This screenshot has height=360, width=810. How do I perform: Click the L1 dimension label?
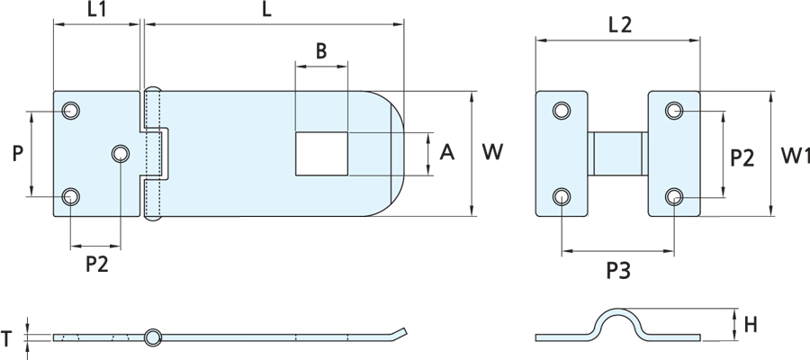point(96,10)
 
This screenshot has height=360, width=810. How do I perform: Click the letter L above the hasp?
point(266,10)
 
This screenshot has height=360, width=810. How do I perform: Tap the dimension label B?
point(321,51)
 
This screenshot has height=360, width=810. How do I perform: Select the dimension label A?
point(446,153)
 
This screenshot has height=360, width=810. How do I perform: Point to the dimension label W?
point(492,152)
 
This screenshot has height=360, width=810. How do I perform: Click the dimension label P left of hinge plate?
point(18,153)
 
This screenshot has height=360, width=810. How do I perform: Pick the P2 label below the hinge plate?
point(97,265)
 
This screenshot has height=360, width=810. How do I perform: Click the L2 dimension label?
point(620,25)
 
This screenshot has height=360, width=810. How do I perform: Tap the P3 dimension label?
point(618,271)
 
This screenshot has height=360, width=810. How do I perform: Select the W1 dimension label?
point(795,155)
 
